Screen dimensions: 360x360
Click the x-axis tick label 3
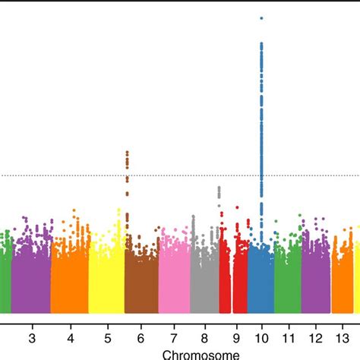point(31,336)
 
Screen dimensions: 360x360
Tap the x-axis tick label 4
point(70,336)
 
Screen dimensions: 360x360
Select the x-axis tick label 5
point(106,336)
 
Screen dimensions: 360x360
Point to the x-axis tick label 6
point(141,336)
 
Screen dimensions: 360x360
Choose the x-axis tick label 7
point(174,336)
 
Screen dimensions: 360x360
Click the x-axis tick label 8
point(205,336)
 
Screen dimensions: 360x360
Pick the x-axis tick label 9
point(235,336)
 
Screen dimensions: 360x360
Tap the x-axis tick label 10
point(261,336)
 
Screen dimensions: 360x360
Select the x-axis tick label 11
point(288,336)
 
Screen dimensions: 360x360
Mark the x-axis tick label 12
point(315,336)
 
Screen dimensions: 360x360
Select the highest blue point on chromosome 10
point(261,17)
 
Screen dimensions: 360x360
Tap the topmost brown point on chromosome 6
point(127,153)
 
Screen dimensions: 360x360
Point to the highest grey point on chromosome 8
point(219,187)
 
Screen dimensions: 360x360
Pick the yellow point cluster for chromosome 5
point(106,273)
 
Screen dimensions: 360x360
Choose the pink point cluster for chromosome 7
point(174,277)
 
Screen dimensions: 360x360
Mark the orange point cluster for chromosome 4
point(70,273)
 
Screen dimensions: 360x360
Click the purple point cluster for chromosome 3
point(31,273)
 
